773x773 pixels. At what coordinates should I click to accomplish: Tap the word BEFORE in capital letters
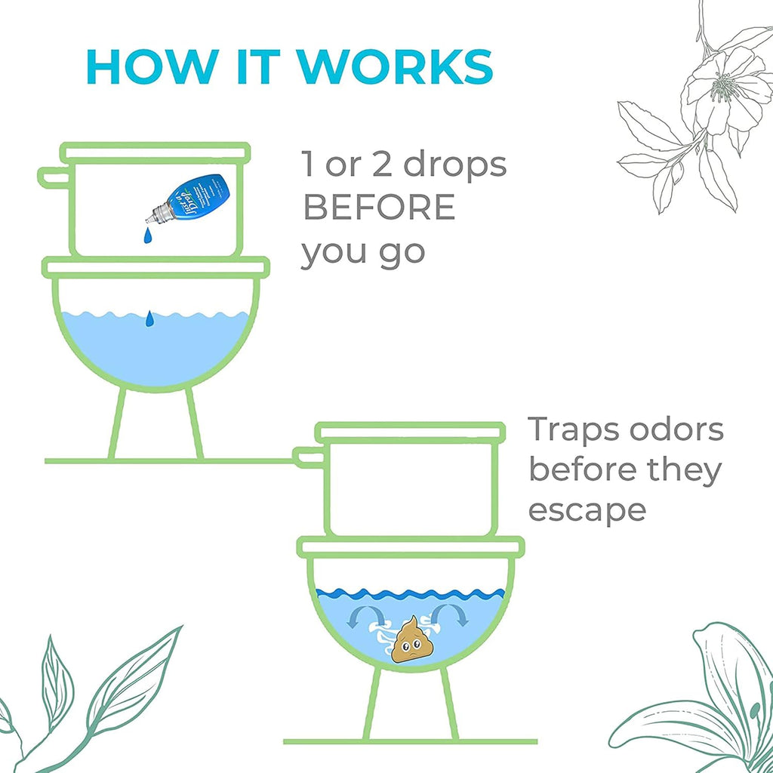379,208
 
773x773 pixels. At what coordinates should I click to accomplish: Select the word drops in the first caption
454,166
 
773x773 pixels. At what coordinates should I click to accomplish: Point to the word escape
587,510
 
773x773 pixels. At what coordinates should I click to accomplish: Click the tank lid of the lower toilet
409,433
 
